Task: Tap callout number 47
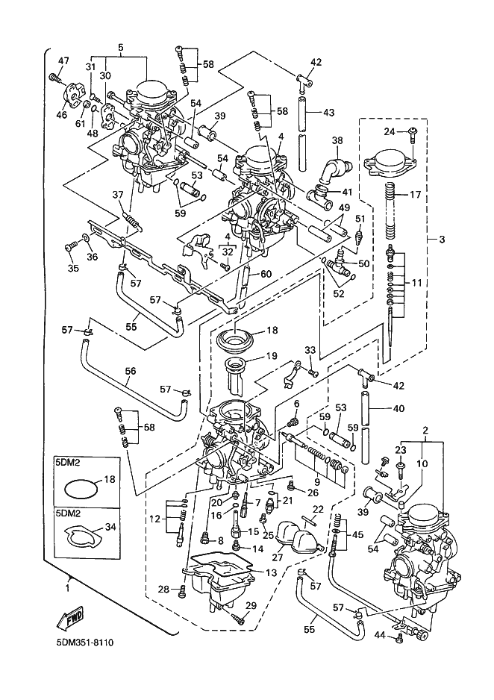coord(63,60)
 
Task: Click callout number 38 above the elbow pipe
coord(337,140)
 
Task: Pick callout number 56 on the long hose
coord(130,370)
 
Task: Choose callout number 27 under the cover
coord(278,556)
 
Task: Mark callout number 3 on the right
coord(442,240)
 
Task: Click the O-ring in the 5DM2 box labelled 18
coord(78,489)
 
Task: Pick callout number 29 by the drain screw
coord(251,605)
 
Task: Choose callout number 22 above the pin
coord(316,509)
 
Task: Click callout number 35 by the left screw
coord(72,269)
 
